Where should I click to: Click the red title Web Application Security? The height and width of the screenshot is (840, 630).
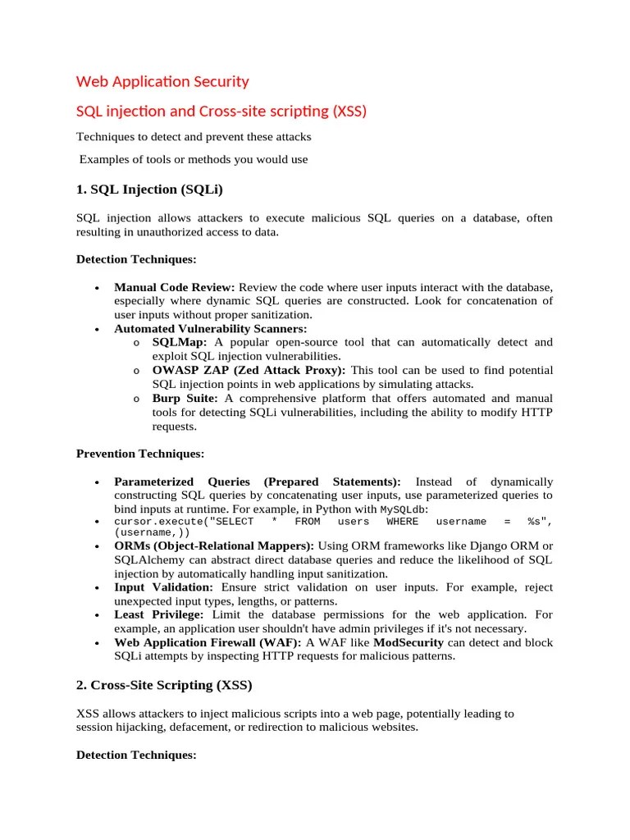coord(162,81)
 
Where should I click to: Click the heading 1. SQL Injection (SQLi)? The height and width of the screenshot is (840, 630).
coord(149,189)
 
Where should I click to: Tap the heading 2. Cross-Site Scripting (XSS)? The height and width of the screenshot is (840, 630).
coord(164,684)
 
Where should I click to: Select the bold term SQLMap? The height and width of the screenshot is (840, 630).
coord(180,342)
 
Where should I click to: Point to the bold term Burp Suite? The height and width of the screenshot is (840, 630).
coord(185,398)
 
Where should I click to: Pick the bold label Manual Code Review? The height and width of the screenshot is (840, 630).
coord(175,287)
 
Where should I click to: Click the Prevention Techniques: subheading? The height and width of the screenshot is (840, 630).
coord(140,453)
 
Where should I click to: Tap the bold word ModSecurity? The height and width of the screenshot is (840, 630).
coord(409,642)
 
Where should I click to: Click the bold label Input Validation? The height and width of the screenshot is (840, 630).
coord(163,587)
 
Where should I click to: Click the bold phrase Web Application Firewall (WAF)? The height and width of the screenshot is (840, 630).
coord(208,642)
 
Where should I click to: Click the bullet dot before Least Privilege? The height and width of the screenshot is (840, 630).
coord(97,615)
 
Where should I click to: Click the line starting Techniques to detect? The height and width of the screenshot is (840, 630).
coord(194,136)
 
